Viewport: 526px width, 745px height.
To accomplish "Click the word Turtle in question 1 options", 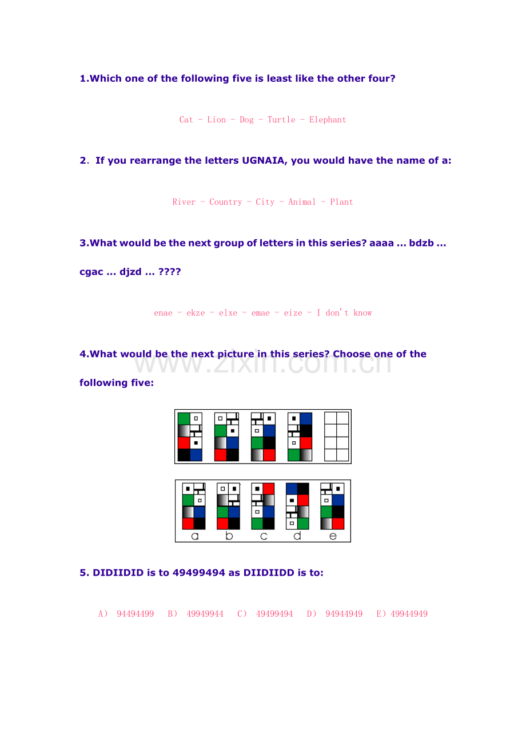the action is [281, 120].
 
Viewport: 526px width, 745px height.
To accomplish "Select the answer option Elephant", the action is [327, 120].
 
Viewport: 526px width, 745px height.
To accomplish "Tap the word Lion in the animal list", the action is [216, 120].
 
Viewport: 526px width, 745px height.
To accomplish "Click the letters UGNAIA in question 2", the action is [263, 160].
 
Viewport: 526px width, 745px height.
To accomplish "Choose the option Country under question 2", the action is [226, 202].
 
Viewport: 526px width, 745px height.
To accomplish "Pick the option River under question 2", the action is [184, 202].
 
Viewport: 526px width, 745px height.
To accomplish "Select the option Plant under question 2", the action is [341, 202].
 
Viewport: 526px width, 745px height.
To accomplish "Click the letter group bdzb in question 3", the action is [421, 243].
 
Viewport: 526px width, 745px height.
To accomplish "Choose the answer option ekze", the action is [196, 313].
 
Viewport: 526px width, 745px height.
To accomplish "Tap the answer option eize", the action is [293, 313].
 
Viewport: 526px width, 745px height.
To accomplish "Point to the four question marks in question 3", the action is [169, 271].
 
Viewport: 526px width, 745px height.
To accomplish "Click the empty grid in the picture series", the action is [336, 437].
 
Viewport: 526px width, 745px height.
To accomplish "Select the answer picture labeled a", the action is [194, 506].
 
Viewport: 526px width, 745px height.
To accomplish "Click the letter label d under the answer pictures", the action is [297, 536].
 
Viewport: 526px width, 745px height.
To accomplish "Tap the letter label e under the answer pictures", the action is [333, 537].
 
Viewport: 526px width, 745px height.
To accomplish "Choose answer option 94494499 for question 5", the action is [136, 614].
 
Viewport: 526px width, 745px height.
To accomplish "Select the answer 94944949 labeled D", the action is [344, 614].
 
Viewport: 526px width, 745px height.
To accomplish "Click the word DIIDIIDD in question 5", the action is [269, 573].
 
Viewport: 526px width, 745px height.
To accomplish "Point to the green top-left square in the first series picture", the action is [184, 419].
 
